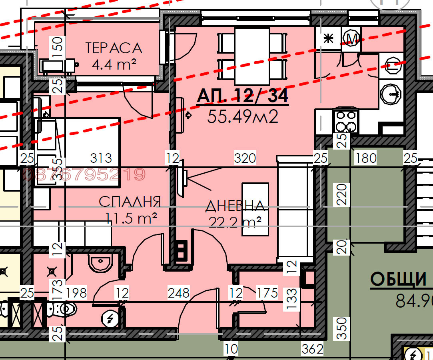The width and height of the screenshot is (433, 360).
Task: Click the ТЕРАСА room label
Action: pos(114,48)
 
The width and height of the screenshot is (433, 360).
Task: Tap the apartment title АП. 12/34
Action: pos(242,96)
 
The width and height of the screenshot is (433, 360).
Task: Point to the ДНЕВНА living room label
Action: pos(235,206)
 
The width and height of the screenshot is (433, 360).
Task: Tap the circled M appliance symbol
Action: pos(352,38)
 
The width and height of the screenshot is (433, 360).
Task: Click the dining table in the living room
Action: pos(251,56)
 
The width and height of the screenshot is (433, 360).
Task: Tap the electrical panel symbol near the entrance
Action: pos(109,318)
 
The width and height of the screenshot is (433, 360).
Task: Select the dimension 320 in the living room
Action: pos(245,158)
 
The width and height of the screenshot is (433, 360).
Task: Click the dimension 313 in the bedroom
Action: pos(101,158)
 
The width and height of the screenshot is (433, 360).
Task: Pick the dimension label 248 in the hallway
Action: pos(178,293)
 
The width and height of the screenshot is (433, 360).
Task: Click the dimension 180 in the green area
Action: pos(366,158)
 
